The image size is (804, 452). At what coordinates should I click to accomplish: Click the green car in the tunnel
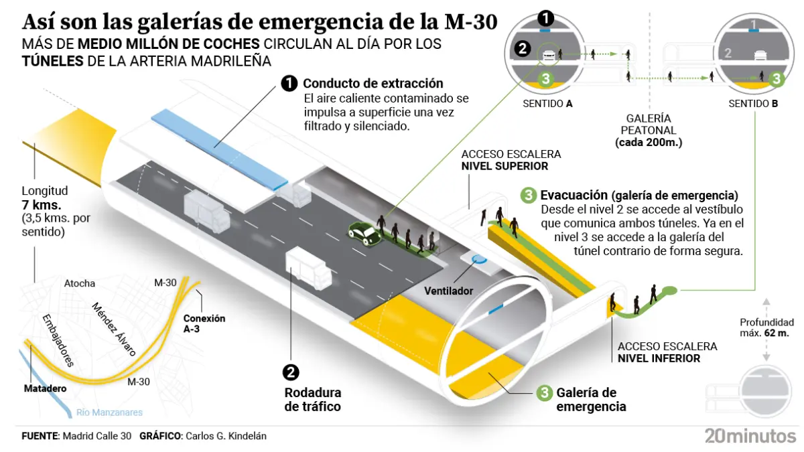(363, 232)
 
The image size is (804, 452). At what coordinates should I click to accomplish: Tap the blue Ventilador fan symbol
(478, 258)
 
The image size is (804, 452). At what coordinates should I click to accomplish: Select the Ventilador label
(449, 291)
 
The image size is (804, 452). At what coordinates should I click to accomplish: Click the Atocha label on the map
(80, 283)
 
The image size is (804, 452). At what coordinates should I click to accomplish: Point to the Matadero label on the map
(45, 388)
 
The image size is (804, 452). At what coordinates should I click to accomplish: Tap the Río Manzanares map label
(110, 412)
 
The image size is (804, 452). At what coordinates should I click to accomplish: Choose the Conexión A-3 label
(204, 323)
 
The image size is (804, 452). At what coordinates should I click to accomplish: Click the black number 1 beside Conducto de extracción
(289, 84)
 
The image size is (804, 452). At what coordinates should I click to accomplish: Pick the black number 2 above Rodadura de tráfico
(291, 373)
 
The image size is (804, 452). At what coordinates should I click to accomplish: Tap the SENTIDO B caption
(754, 104)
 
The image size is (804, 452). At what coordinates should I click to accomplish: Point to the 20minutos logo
(750, 435)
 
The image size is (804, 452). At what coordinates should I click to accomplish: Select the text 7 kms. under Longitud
(42, 205)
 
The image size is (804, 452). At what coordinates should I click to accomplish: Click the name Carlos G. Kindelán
(225, 436)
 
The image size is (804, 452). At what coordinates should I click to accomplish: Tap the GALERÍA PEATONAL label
(649, 124)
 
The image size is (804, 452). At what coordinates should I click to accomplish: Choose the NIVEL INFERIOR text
(659, 358)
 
